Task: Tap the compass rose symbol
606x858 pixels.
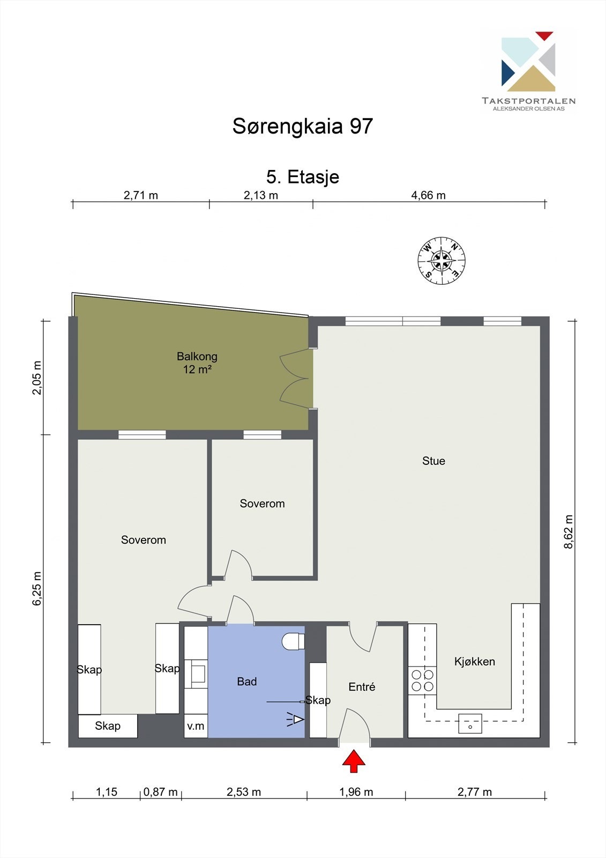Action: (442, 261)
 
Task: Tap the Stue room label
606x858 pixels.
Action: (433, 461)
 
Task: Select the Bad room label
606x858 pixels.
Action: (247, 682)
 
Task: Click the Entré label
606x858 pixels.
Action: (362, 687)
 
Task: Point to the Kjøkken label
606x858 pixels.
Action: (475, 662)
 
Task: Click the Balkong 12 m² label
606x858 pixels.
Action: (197, 363)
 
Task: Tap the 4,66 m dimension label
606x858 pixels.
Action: (428, 195)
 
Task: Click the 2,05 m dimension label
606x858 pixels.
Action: (37, 378)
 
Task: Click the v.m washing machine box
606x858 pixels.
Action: (196, 726)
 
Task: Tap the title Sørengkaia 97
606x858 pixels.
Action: (303, 126)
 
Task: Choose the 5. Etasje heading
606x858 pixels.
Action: (303, 177)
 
